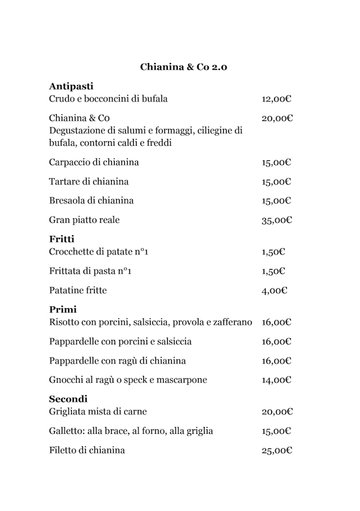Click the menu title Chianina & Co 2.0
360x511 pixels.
[183, 67]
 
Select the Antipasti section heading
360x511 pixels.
[71, 87]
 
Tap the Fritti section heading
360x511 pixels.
[62, 239]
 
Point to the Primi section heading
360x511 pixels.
[63, 310]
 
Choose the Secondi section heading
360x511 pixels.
[68, 399]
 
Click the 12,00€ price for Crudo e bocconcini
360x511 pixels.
[276, 100]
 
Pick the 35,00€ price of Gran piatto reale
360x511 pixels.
[276, 220]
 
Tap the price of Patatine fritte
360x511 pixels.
[274, 291]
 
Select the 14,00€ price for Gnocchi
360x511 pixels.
[276, 380]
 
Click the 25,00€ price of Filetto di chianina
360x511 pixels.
[276, 451]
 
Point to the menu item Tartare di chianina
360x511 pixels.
[89, 182]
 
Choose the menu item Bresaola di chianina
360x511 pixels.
[91, 201]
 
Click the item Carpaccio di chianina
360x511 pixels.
[94, 163]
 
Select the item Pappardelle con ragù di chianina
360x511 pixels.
[118, 361]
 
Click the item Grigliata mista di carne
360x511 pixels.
[98, 412]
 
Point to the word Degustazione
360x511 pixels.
[77, 131]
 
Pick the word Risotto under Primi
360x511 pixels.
[64, 322]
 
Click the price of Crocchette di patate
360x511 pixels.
[273, 252]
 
